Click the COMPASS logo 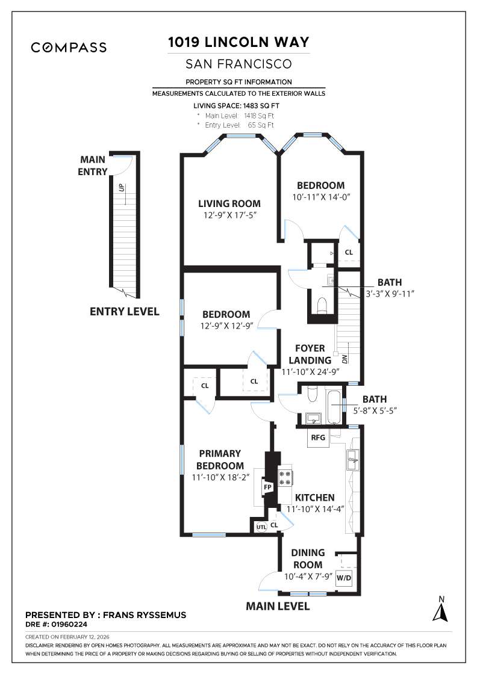click(69, 48)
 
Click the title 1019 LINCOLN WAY click(238, 42)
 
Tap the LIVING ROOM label click(229, 203)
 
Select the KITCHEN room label click(314, 498)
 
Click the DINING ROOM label click(308, 558)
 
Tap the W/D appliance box click(344, 578)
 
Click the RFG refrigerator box click(318, 437)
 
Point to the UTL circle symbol click(261, 527)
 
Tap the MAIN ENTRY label click(93, 165)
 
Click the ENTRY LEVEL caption click(125, 312)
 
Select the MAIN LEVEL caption click(278, 606)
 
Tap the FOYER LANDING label click(310, 354)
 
